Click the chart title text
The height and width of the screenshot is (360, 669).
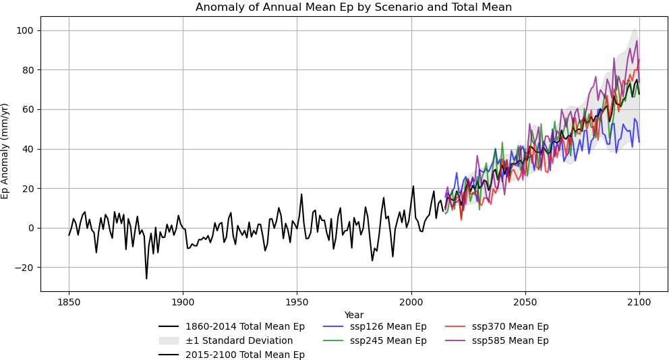tap(353, 7)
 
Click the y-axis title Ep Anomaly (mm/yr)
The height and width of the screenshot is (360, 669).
tap(5, 151)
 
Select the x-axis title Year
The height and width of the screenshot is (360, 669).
tap(353, 315)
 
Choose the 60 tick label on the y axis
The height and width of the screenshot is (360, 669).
tap(28, 109)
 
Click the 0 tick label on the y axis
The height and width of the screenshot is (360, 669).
tap(31, 228)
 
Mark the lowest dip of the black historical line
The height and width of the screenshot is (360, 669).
tap(146, 278)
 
